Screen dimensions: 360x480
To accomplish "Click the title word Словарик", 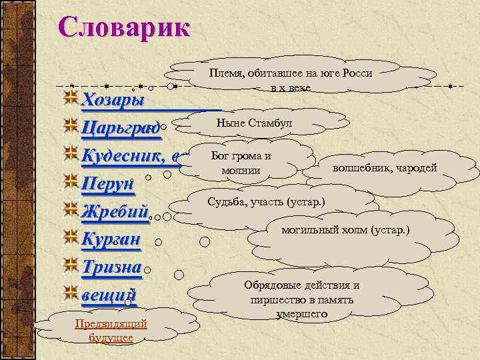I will click(x=123, y=28).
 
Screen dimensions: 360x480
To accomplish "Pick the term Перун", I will click(x=108, y=184).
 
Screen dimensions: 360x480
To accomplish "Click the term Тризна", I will click(x=111, y=267).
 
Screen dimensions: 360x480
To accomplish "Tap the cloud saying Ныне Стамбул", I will click(x=253, y=123).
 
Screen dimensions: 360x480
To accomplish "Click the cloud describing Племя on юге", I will click(x=290, y=80).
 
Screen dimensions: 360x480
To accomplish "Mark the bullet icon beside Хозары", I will click(x=71, y=99).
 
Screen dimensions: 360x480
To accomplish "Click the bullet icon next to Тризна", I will click(x=71, y=267).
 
